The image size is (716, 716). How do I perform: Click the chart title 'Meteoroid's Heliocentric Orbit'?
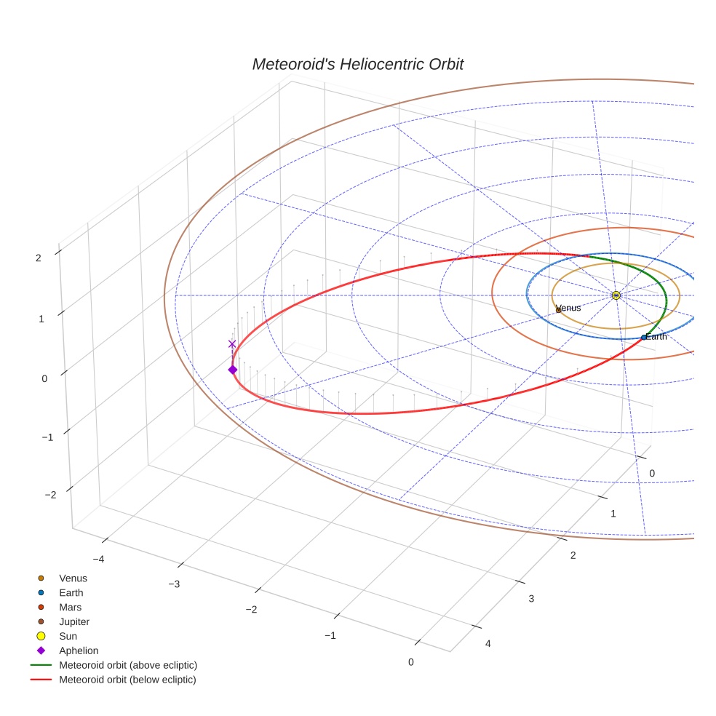tap(357, 65)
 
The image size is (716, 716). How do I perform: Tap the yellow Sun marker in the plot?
tap(616, 295)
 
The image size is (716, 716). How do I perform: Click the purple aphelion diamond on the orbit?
tap(232, 370)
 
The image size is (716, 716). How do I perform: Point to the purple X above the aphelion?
tap(232, 344)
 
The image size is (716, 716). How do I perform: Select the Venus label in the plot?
tap(568, 308)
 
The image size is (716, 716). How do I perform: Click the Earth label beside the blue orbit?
tap(655, 337)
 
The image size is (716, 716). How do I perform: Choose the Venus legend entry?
tap(73, 578)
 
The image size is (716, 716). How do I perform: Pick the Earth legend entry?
tap(71, 593)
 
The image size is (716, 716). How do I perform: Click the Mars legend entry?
tap(70, 608)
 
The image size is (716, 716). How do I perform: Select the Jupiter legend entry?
tap(74, 622)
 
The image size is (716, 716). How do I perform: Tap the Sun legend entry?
tap(68, 637)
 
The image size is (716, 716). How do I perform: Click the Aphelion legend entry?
tap(79, 651)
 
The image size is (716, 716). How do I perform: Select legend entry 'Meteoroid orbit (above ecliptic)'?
tap(128, 665)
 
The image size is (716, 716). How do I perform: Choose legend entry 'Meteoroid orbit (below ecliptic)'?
tap(127, 680)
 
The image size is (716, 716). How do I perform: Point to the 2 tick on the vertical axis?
tap(37, 257)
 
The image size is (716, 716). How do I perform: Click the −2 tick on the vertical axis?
tap(51, 495)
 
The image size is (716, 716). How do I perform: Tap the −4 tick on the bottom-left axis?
tap(99, 559)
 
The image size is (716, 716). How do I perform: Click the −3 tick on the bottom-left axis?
tap(174, 584)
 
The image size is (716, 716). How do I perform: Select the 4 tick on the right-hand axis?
tap(488, 643)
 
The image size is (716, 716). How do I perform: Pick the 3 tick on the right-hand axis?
tap(531, 598)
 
